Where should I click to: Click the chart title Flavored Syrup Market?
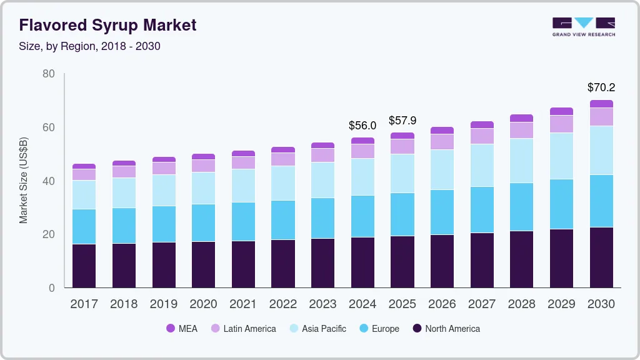click(107, 25)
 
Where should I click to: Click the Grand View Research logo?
click(583, 26)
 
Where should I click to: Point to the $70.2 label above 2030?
click(601, 87)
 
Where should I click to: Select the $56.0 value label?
click(362, 126)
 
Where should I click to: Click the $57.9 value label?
click(402, 120)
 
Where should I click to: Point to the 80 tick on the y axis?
click(49, 74)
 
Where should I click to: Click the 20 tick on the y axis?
click(49, 234)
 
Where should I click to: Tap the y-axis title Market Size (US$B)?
click(24, 181)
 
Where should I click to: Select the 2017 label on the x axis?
click(84, 304)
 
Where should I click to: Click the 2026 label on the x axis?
click(442, 304)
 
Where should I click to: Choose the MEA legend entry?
click(181, 329)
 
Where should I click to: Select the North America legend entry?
click(446, 329)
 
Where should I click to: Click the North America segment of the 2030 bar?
click(601, 257)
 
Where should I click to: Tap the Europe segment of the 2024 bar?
click(362, 216)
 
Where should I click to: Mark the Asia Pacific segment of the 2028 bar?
click(522, 161)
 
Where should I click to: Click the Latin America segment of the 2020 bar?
click(203, 166)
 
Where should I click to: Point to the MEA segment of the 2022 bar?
click(283, 150)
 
